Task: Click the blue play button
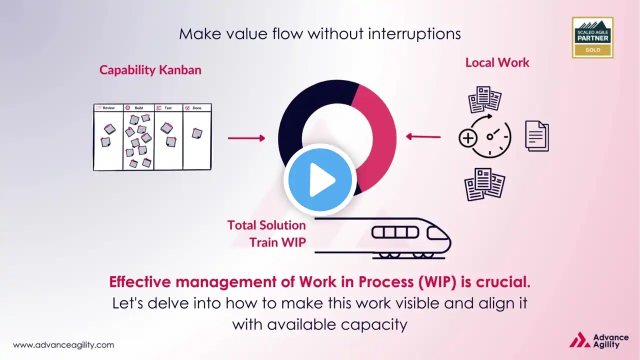tap(320, 179)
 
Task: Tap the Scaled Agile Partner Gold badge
tap(592, 37)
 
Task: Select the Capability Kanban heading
tap(150, 70)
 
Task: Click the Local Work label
tap(497, 62)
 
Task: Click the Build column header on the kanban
tap(138, 107)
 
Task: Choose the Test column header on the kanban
tap(168, 107)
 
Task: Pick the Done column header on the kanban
tap(196, 107)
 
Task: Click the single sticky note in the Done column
tap(197, 133)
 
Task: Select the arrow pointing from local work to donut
tap(423, 136)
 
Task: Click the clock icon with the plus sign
tap(484, 136)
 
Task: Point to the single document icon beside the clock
tap(536, 136)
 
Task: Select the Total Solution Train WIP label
tap(267, 233)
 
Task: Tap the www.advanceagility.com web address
tap(63, 345)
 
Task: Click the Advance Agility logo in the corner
tap(599, 340)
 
